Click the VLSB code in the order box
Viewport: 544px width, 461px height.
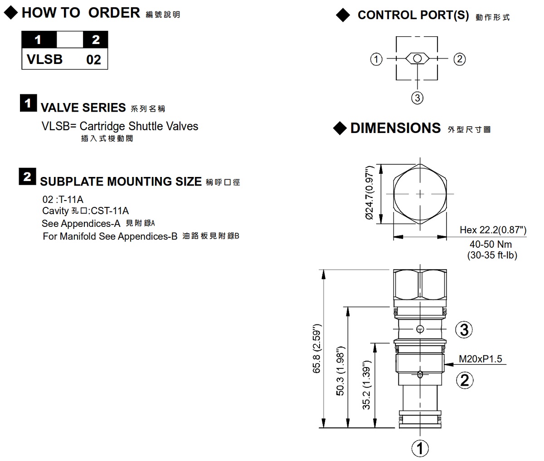pyautogui.click(x=45, y=59)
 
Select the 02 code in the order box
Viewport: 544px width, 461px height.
pyautogui.click(x=94, y=60)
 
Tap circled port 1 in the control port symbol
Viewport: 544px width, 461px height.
pyautogui.click(x=376, y=59)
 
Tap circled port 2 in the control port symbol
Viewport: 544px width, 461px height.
pyautogui.click(x=460, y=59)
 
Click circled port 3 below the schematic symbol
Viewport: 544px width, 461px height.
pyautogui.click(x=417, y=98)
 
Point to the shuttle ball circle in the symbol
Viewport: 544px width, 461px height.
pyautogui.click(x=417, y=59)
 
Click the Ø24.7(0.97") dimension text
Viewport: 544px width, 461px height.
pyautogui.click(x=369, y=192)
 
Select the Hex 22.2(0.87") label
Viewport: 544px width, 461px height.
pyautogui.click(x=493, y=230)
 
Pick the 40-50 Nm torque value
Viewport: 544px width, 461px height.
pyautogui.click(x=491, y=245)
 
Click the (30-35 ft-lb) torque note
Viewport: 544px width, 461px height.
pyautogui.click(x=492, y=255)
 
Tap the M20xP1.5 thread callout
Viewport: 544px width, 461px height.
pyautogui.click(x=481, y=359)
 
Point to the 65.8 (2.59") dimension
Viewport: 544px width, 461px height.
pyautogui.click(x=317, y=348)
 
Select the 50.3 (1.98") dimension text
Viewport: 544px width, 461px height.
pyautogui.click(x=340, y=371)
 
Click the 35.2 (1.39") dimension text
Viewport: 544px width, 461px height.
pyautogui.click(x=366, y=385)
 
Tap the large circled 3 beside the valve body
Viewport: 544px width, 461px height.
pyautogui.click(x=464, y=329)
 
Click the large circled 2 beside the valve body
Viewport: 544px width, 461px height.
pyautogui.click(x=465, y=380)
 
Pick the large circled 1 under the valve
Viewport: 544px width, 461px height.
pyautogui.click(x=420, y=448)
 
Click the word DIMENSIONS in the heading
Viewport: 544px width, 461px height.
pyautogui.click(x=395, y=128)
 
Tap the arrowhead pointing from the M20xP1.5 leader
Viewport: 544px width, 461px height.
pyautogui.click(x=449, y=365)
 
